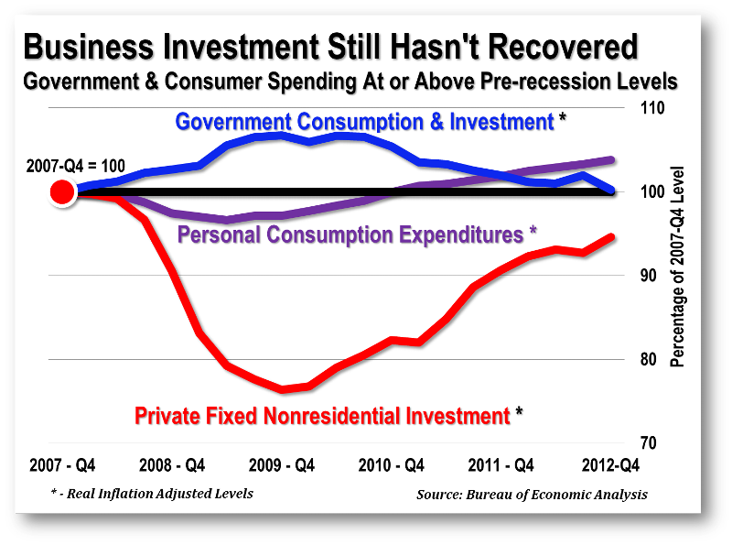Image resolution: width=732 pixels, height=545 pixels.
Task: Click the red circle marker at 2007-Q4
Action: [61, 192]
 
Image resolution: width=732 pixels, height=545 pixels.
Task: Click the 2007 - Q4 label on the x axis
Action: [62, 464]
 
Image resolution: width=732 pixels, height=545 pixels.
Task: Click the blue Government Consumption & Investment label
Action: [364, 121]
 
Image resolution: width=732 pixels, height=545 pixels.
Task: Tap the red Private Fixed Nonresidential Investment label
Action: [322, 416]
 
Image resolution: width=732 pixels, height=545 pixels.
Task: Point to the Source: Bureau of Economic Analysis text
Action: [532, 495]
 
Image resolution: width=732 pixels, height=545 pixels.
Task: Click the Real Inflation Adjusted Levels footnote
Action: [152, 494]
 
